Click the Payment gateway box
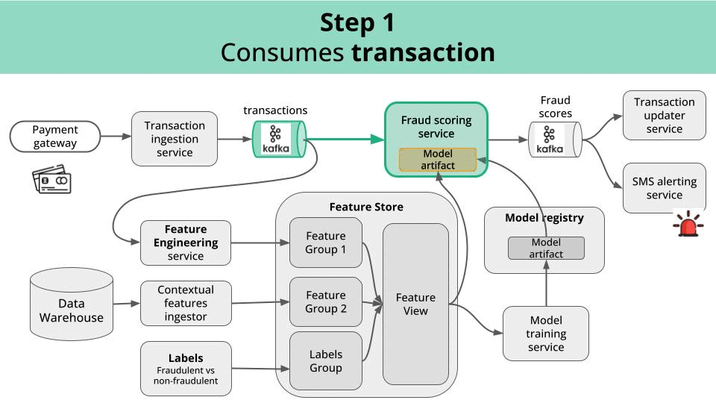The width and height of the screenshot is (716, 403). click(54, 136)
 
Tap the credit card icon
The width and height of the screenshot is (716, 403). click(51, 179)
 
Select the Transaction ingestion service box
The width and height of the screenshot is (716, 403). click(175, 139)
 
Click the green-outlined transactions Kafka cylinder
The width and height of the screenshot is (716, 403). click(279, 139)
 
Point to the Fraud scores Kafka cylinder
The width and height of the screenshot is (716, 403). click(555, 140)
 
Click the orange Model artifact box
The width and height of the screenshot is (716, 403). click(438, 160)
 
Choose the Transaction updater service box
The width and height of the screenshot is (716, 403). click(664, 115)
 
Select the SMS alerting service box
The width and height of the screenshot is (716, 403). click(664, 188)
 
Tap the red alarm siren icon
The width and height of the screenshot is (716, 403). click(688, 223)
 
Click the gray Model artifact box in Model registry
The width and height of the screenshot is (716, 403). click(546, 248)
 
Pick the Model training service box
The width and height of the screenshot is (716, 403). click(546, 334)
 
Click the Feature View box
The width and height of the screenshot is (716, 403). click(415, 304)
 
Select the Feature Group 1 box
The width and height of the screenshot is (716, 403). click(326, 243)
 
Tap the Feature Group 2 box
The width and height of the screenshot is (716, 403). click(326, 302)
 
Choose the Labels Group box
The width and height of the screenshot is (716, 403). click(326, 361)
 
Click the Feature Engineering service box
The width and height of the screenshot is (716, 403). click(186, 243)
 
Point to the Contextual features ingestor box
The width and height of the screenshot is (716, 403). click(186, 303)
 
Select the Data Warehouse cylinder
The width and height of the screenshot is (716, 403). click(72, 304)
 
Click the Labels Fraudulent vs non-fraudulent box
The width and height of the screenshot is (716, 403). click(186, 368)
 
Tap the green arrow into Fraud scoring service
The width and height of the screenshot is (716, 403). click(345, 139)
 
